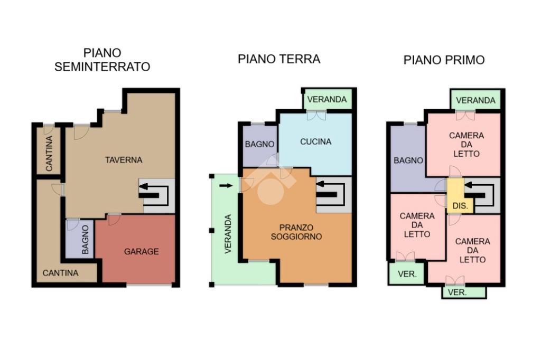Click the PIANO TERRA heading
[x=279, y=59]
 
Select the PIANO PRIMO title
[x=444, y=60]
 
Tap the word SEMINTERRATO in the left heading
[x=102, y=67]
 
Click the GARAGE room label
[x=142, y=251]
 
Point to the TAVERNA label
[x=124, y=159]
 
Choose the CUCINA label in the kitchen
[x=316, y=141]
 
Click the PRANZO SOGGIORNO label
[x=296, y=232]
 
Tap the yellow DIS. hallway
[x=460, y=195]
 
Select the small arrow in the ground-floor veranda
[x=226, y=185]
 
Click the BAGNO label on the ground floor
[x=260, y=144]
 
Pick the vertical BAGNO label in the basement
[x=85, y=240]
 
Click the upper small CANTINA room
[x=49, y=150]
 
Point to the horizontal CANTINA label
[x=60, y=273]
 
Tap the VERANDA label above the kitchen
[x=327, y=99]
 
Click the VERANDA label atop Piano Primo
[x=475, y=100]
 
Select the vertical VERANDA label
[x=228, y=234]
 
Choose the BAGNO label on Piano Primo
[x=408, y=160]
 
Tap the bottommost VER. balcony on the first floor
[x=464, y=292]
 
